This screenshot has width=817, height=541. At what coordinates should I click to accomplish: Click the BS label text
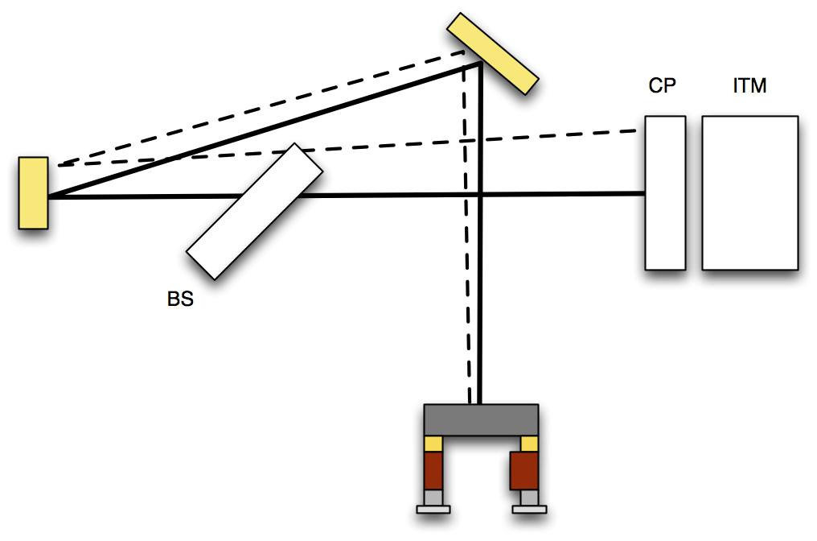[x=180, y=299]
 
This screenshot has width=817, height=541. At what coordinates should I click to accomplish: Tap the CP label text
[x=663, y=85]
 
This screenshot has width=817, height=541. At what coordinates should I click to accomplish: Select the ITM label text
[x=749, y=85]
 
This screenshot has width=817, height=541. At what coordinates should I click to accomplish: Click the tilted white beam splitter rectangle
[x=255, y=211]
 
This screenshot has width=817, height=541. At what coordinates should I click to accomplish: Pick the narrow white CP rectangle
[x=665, y=193]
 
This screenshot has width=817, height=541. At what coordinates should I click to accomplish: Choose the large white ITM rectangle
[x=750, y=193]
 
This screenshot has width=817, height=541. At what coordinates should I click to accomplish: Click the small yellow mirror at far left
[x=33, y=193]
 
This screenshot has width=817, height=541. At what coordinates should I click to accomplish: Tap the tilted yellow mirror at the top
[x=493, y=54]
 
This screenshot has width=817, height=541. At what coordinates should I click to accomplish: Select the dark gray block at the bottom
[x=481, y=420]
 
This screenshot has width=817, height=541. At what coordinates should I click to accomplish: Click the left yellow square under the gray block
[x=433, y=444]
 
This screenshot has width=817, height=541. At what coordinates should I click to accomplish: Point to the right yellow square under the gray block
[x=529, y=444]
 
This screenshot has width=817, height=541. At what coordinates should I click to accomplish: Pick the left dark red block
[x=433, y=471]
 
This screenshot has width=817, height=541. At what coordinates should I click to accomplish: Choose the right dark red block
[x=524, y=471]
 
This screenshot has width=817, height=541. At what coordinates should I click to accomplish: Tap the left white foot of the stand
[x=433, y=510]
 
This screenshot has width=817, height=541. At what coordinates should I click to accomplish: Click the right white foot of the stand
[x=529, y=510]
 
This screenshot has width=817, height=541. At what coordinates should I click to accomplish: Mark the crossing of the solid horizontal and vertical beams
[x=480, y=195]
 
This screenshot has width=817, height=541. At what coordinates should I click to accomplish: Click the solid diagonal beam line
[x=265, y=130]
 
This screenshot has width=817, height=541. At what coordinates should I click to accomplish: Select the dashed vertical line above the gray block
[x=467, y=228]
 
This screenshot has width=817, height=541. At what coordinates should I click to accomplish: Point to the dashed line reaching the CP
[x=347, y=147]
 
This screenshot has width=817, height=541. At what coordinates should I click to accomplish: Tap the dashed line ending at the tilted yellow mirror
[x=261, y=109]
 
